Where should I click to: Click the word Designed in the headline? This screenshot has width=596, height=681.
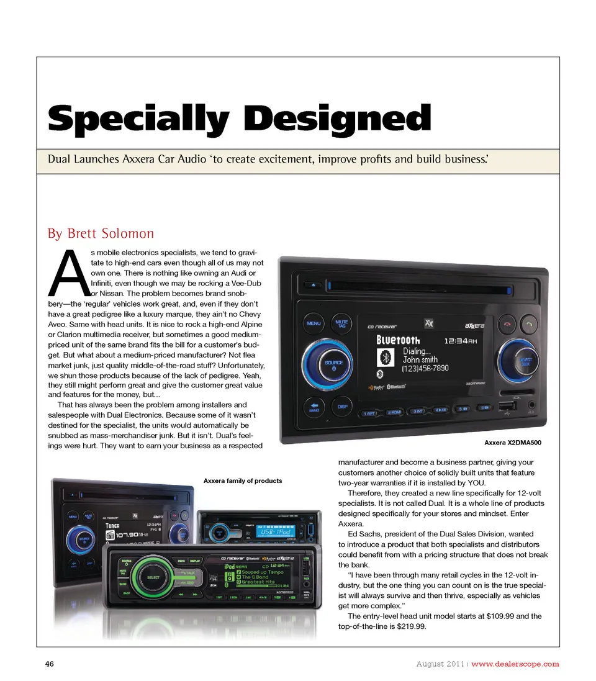[x=338, y=117]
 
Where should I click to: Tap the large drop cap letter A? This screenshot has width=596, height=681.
[x=69, y=273]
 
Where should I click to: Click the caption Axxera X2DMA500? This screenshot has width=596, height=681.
[x=513, y=443]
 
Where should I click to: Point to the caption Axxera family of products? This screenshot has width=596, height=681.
[x=243, y=480]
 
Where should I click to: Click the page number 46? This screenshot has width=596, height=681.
[x=50, y=664]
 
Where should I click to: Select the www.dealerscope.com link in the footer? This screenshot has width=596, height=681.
[x=515, y=664]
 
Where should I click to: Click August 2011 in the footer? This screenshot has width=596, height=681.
[x=440, y=664]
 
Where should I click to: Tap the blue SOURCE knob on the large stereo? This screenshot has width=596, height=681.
[x=333, y=364]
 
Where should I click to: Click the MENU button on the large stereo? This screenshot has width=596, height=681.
[x=314, y=323]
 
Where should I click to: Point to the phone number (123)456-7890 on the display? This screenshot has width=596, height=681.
[x=425, y=368]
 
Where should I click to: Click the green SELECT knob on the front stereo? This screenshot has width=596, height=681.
[x=153, y=577]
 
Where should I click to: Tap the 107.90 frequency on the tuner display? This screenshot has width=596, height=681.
[x=127, y=534]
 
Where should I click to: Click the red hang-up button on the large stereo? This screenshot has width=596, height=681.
[x=507, y=324]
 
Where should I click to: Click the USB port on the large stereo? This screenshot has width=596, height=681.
[x=507, y=407]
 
